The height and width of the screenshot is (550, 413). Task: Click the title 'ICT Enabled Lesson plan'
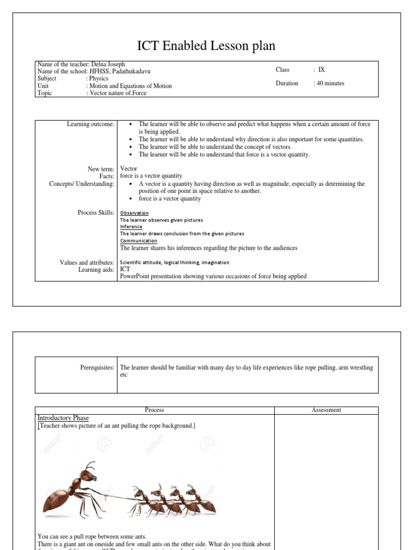[x=206, y=46]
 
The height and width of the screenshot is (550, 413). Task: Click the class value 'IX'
[x=322, y=70]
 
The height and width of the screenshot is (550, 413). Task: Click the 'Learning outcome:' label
[x=90, y=124]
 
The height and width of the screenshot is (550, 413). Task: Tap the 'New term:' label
[x=101, y=169]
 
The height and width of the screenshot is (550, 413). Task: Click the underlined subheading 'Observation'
[x=134, y=213]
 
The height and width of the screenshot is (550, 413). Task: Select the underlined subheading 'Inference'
[x=131, y=227]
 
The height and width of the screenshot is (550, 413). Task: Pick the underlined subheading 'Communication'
[x=139, y=241]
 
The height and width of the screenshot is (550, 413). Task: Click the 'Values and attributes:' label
[x=87, y=262]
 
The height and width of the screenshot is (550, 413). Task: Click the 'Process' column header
[x=154, y=410]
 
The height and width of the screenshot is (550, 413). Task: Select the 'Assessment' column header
[x=326, y=410]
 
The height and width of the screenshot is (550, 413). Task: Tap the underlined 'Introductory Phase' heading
[x=63, y=418]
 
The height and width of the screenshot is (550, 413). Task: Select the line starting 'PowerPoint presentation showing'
[x=213, y=276]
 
